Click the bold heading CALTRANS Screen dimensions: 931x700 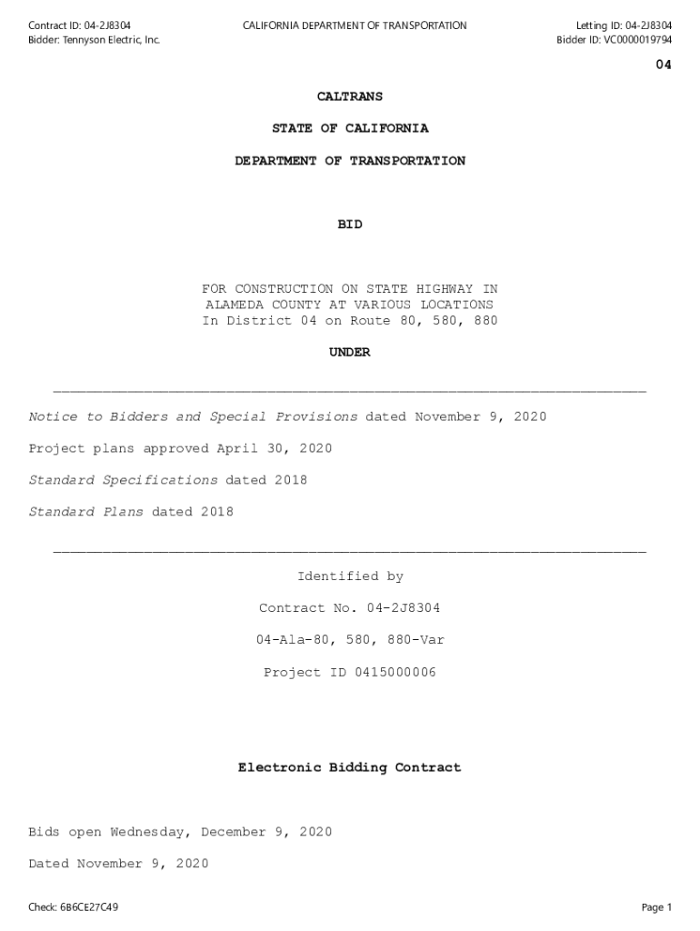tap(350, 96)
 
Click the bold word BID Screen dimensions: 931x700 tap(350, 225)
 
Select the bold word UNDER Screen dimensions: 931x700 tap(350, 353)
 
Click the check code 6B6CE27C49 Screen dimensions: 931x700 tap(88, 907)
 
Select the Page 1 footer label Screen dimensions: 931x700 tap(655, 907)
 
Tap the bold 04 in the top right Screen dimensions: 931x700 tap(664, 65)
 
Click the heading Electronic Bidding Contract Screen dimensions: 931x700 tap(350, 768)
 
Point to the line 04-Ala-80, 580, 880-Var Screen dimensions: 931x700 tap(350, 641)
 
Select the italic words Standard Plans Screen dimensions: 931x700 tap(85, 513)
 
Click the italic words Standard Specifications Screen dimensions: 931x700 tap(123, 481)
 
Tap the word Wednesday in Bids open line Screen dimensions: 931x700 tap(151, 833)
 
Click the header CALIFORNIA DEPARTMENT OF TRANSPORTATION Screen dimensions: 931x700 tap(355, 25)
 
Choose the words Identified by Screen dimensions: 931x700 tap(350, 577)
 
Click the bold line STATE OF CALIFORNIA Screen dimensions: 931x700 tap(350, 129)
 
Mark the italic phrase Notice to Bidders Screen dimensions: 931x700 tap(98, 417)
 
